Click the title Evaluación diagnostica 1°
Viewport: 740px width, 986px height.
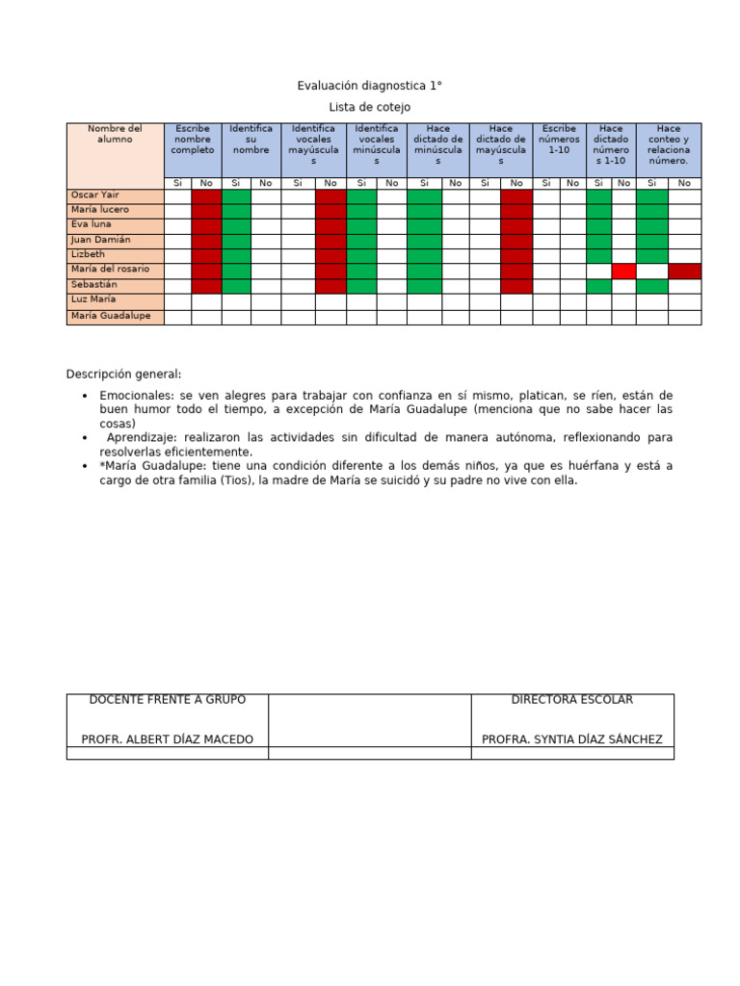tap(369, 87)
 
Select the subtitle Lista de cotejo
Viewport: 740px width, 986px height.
tap(369, 108)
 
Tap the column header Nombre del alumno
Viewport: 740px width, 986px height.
tap(115, 134)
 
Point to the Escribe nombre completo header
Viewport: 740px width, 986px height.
tap(193, 140)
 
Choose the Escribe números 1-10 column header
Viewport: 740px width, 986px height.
tap(559, 140)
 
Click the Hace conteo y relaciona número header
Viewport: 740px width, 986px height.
tap(668, 144)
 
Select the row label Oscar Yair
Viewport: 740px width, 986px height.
tap(95, 195)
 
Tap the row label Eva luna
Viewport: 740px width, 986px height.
tap(92, 224)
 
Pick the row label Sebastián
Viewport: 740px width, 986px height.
tap(94, 285)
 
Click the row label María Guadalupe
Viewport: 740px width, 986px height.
tap(111, 316)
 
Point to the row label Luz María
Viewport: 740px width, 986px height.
tap(94, 300)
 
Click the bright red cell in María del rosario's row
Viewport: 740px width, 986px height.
tap(623, 271)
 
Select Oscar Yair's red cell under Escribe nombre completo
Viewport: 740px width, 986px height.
tap(206, 196)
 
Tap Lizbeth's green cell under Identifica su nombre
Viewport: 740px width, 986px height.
tap(236, 255)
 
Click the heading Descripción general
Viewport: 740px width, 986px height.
tap(123, 375)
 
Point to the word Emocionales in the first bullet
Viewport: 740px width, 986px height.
tap(134, 396)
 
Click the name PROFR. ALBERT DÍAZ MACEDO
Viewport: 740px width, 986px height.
tap(168, 739)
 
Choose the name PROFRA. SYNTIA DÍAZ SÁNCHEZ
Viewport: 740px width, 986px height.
tap(572, 739)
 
